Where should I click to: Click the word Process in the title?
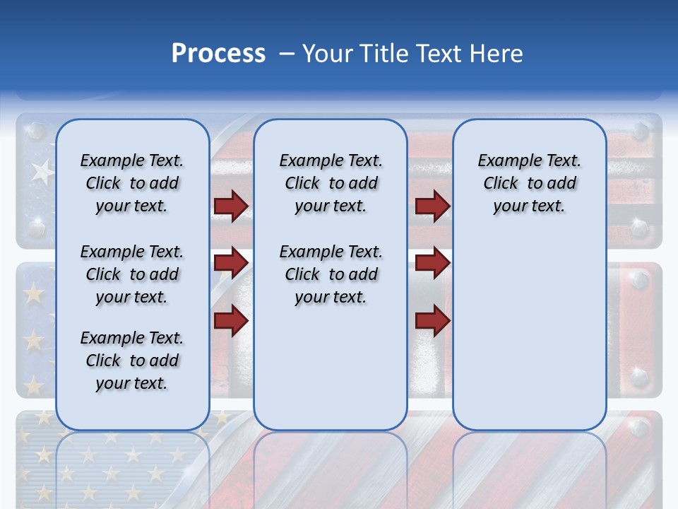(218, 54)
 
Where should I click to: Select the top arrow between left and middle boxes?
(231, 206)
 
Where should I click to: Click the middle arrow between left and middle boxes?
(231, 263)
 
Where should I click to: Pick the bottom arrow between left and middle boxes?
(231, 320)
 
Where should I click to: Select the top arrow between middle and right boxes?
(432, 206)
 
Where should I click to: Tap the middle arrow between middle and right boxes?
(432, 263)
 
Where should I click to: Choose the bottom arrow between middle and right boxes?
(432, 320)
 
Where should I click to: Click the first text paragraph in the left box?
(132, 183)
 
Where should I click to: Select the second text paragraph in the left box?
(132, 274)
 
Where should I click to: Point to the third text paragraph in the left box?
(132, 361)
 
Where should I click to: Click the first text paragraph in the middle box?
(331, 183)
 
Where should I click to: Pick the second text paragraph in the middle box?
(331, 274)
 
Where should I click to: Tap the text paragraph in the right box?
(529, 183)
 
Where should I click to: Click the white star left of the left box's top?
(43, 170)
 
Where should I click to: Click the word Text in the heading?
(440, 54)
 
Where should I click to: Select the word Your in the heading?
(328, 54)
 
